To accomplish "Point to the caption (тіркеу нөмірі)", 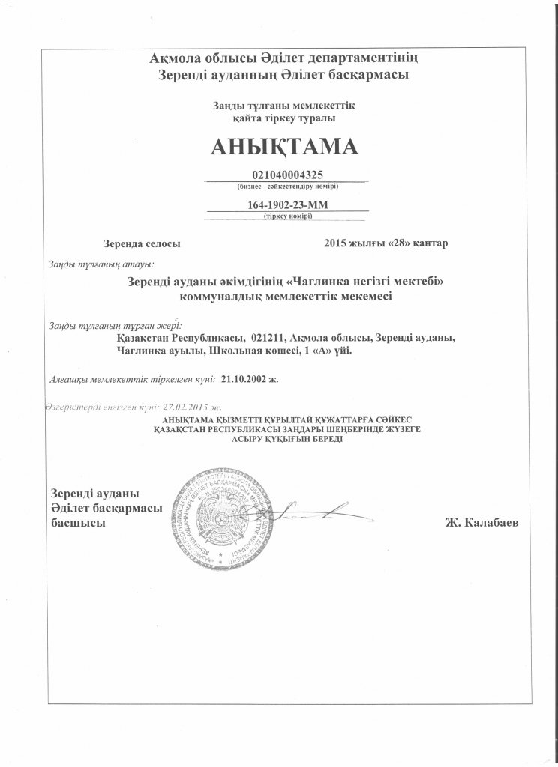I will click(x=288, y=216).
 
